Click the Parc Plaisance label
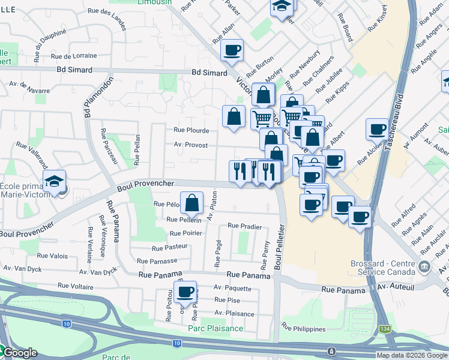coord(215,328)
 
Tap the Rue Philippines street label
coord(303,329)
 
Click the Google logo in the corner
coord(19,352)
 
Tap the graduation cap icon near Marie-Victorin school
coord(54,181)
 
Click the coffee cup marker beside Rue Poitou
coord(185,292)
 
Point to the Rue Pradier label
coord(244,227)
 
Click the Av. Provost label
coord(191,145)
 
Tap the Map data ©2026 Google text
coord(412,355)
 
